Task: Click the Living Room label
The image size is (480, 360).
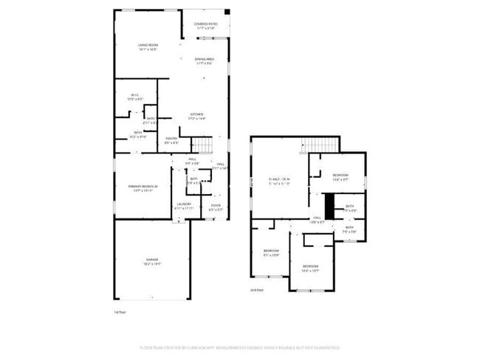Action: click(x=148, y=46)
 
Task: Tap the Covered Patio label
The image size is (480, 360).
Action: click(x=205, y=24)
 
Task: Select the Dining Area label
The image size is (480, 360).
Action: click(x=205, y=59)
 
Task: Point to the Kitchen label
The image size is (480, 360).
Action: click(x=196, y=114)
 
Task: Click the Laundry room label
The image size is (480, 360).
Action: click(x=184, y=204)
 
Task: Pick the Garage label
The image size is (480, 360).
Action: click(x=152, y=260)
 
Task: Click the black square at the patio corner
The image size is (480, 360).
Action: click(x=227, y=11)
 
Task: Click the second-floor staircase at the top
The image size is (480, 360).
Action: click(x=320, y=144)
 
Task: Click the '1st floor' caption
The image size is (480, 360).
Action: click(x=122, y=312)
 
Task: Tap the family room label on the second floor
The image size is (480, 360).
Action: click(x=279, y=179)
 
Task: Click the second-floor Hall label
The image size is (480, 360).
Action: click(x=317, y=218)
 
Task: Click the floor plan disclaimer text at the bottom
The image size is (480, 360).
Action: click(x=240, y=347)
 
